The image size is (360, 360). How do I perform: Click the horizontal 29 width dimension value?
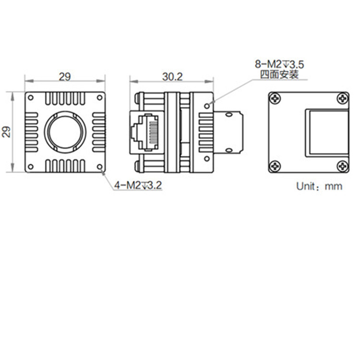65,76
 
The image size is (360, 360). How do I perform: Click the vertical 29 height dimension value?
6,132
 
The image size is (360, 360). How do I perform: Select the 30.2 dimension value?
172,76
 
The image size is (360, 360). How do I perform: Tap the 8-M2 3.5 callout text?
279,63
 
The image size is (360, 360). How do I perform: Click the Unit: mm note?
319,186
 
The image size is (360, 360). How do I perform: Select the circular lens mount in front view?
65,132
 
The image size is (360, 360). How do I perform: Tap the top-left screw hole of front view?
31,97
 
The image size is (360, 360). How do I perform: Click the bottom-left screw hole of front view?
31,167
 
